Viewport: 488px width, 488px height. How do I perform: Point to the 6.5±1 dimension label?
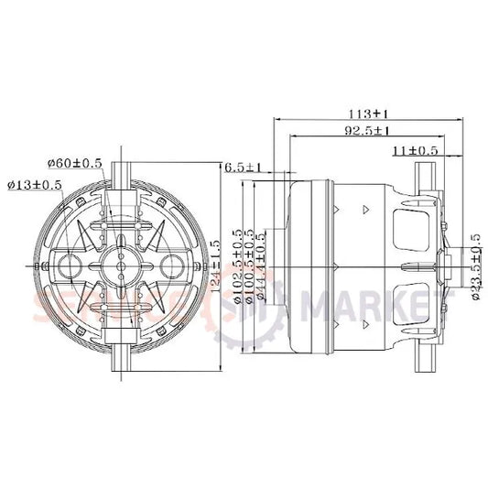click(x=244, y=168)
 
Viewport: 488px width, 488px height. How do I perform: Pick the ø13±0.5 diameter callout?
click(x=35, y=184)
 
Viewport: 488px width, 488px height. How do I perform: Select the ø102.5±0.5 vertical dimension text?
click(x=237, y=266)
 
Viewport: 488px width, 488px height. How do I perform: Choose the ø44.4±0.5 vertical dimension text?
click(x=262, y=266)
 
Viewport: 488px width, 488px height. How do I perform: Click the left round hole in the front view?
click(x=69, y=266)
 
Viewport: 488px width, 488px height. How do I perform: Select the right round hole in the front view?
click(x=170, y=266)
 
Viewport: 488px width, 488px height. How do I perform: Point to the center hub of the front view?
click(x=120, y=266)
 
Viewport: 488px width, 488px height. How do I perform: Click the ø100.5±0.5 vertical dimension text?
click(x=249, y=266)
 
